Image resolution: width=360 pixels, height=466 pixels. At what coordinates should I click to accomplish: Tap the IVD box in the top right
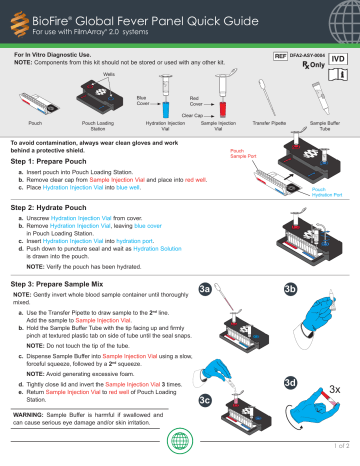(338, 61)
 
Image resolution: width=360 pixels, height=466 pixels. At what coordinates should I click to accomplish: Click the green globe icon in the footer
(180, 442)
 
